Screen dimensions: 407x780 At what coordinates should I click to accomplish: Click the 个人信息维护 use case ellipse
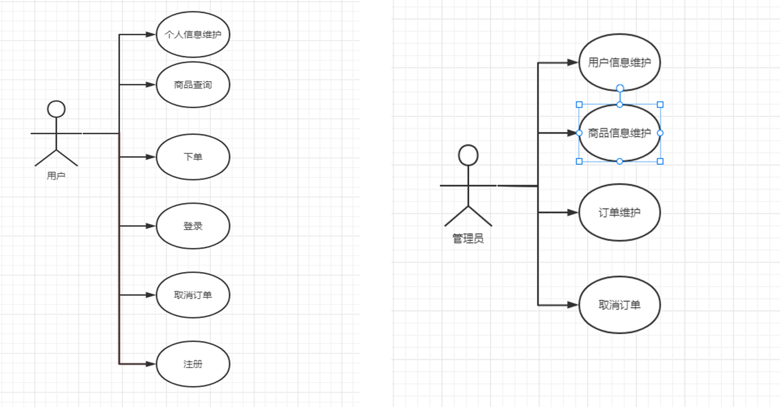[x=193, y=34]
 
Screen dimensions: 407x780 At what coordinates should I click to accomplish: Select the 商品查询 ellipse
[x=193, y=85]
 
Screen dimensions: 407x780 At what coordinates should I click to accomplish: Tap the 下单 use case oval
[x=193, y=157]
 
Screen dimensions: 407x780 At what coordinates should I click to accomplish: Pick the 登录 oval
[x=193, y=226]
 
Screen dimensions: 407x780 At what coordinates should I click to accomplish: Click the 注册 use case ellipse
[x=193, y=364]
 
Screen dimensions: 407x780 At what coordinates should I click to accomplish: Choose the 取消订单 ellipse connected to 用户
[x=193, y=295]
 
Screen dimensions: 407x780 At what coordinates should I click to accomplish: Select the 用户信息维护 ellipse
[x=619, y=62]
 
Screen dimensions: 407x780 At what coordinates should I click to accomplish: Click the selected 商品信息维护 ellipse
[x=619, y=133]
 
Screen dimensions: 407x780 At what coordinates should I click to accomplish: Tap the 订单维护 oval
[x=619, y=212]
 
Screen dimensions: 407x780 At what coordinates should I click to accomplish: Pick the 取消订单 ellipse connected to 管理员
[x=619, y=305]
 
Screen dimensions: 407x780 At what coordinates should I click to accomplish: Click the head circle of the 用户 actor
[x=56, y=109]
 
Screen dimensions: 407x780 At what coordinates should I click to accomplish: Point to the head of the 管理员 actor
[x=468, y=155]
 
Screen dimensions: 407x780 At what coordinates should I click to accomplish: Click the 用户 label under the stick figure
[x=56, y=176]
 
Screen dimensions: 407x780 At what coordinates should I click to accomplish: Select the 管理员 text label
[x=468, y=239]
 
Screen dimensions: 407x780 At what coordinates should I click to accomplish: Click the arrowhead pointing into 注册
[x=151, y=364]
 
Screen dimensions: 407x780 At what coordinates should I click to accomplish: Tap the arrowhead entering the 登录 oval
[x=151, y=226]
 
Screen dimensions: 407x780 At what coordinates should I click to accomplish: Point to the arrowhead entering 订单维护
[x=574, y=212]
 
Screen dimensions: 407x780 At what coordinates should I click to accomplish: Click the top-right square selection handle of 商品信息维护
[x=660, y=104]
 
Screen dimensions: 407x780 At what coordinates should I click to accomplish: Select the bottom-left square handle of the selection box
[x=579, y=161]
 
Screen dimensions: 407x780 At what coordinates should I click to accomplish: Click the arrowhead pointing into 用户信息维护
[x=574, y=62]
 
